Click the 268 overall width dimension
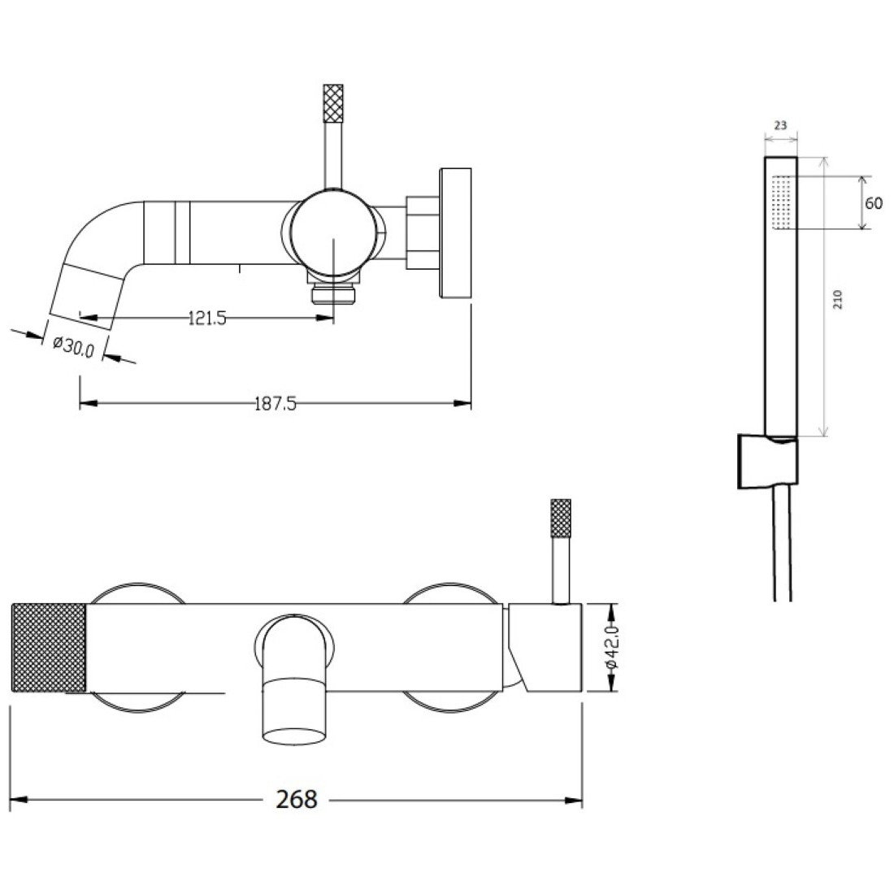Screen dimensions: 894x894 pyautogui.click(x=297, y=800)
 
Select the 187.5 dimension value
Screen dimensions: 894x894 pyautogui.click(x=276, y=404)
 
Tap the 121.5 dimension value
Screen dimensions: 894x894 pyautogui.click(x=207, y=318)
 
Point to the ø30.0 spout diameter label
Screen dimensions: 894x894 pyautogui.click(x=73, y=346)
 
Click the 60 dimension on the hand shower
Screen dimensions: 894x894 pyautogui.click(x=874, y=203)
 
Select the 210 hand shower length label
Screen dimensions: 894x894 pyautogui.click(x=838, y=299)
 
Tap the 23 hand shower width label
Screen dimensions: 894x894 pyautogui.click(x=780, y=125)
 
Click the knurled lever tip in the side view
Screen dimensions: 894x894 pyautogui.click(x=333, y=103)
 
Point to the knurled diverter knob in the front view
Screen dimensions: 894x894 pyautogui.click(x=561, y=519)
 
